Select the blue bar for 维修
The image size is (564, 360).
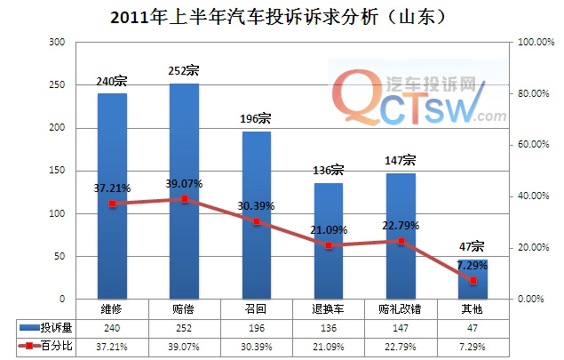point(112,196)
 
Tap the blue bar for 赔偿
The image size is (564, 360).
point(184,191)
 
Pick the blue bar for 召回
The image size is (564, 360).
point(257,215)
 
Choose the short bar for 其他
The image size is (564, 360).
point(473,279)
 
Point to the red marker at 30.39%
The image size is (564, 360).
point(257,221)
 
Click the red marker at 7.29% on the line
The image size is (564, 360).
point(473,280)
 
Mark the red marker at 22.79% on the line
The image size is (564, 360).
point(401,241)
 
